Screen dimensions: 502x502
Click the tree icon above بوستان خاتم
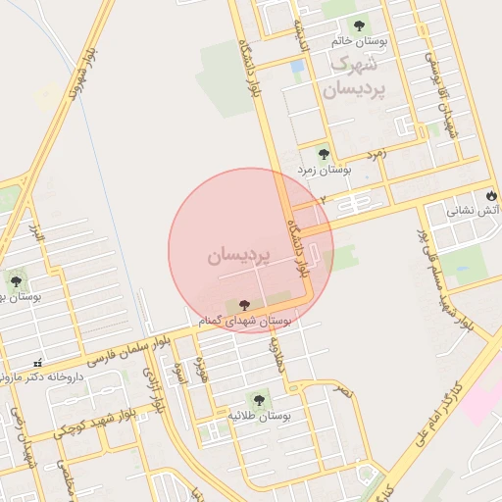click(358, 25)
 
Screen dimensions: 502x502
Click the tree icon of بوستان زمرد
click(324, 153)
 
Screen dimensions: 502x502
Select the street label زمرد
click(377, 154)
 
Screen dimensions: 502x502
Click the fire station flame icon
click(490, 194)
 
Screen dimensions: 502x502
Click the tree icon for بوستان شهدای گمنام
click(244, 306)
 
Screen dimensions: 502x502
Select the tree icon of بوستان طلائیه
click(258, 399)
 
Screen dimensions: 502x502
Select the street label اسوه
click(178, 374)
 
